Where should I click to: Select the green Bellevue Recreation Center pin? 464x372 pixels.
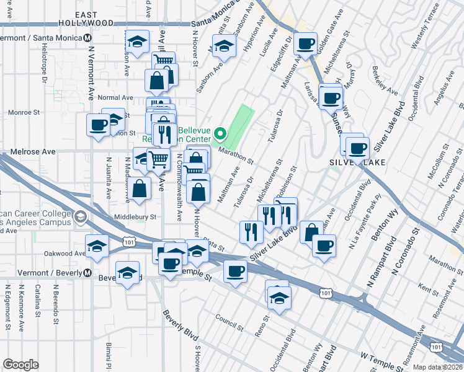pos(220,133)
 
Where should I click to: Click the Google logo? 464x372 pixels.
pos(20,365)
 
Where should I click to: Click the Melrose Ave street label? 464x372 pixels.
pos(33,151)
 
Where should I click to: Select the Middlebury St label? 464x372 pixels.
pos(135,217)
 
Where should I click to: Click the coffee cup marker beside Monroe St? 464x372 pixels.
pos(99,125)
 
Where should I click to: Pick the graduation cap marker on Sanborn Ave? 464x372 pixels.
pos(226,46)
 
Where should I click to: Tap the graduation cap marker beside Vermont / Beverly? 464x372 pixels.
pos(128,273)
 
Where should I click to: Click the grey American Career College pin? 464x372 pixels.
pos(80,217)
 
